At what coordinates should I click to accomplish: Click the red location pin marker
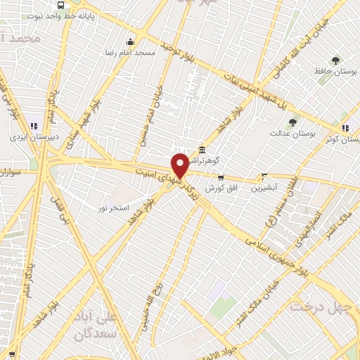pos(180,165)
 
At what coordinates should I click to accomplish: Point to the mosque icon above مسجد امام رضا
pos(129,41)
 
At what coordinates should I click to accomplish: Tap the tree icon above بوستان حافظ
pos(335,60)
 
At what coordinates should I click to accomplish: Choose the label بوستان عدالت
pos(295,132)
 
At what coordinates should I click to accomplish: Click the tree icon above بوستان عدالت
pos(292,121)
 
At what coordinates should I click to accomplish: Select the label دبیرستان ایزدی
pos(34,138)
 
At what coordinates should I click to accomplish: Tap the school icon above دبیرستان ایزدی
pos(34,127)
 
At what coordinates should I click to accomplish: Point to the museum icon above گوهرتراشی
pos(202,149)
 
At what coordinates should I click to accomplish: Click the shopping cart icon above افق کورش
pos(221,177)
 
